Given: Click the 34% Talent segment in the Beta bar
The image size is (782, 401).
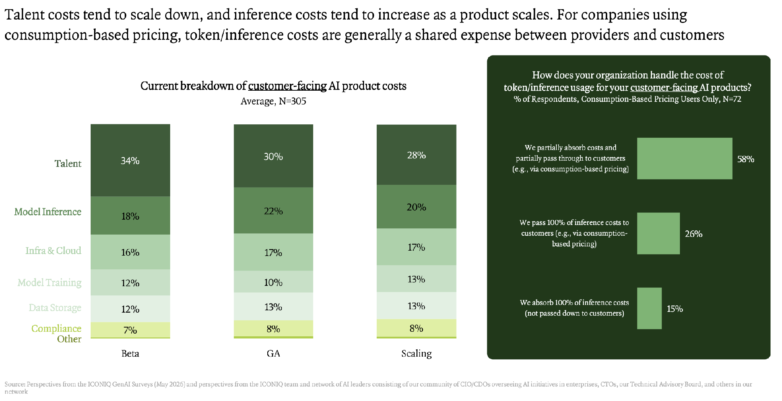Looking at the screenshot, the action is pyautogui.click(x=130, y=160).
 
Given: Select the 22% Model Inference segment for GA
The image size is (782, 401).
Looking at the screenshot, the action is pyautogui.click(x=273, y=210).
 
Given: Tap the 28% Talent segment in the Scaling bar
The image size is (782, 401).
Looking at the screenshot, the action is pyautogui.click(x=416, y=155).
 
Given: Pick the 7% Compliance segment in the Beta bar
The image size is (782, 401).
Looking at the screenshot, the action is pyautogui.click(x=130, y=330).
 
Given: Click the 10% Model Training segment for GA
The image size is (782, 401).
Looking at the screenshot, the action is pyautogui.click(x=273, y=282).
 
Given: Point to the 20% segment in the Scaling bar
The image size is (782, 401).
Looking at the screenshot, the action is pyautogui.click(x=416, y=207).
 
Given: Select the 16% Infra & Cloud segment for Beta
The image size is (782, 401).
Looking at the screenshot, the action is pyautogui.click(x=130, y=252).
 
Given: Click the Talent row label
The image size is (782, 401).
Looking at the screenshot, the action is pyautogui.click(x=68, y=164).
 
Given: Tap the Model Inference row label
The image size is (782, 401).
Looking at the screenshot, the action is pyautogui.click(x=48, y=212).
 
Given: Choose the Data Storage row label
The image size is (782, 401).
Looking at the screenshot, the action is pyautogui.click(x=55, y=308).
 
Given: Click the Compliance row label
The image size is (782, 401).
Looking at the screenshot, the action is pyautogui.click(x=56, y=329).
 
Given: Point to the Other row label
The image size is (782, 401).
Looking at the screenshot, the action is pyautogui.click(x=69, y=339).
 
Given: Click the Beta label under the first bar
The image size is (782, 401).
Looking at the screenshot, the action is pyautogui.click(x=130, y=354).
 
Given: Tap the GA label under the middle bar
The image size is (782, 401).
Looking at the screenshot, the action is pyautogui.click(x=273, y=354).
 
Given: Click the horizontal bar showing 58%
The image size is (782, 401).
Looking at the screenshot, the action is pyautogui.click(x=684, y=158).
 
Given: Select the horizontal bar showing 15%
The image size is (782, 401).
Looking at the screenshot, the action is pyautogui.click(x=649, y=308).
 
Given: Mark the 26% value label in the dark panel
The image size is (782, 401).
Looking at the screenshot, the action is pyautogui.click(x=694, y=234).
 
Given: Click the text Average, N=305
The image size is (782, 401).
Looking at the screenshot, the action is pyautogui.click(x=273, y=101).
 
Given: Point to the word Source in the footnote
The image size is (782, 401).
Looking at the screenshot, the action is pyautogui.click(x=15, y=384).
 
